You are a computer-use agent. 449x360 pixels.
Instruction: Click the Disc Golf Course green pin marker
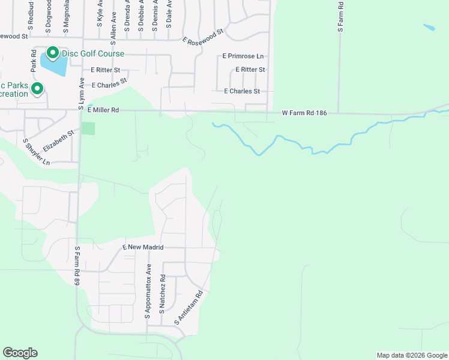coord(52,53)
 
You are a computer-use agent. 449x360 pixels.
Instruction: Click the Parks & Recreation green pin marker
coord(37,89)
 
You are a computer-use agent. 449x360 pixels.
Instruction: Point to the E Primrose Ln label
coord(243,56)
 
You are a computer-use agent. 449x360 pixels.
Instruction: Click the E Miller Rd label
coord(103,110)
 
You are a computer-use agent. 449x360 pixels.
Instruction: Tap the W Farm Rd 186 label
coord(304,113)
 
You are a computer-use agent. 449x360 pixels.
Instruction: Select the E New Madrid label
coord(143,247)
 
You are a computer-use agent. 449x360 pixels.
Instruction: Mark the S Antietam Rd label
coord(190,308)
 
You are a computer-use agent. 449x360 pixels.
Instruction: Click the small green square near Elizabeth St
coord(88,128)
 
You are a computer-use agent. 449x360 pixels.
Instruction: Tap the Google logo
coord(20,353)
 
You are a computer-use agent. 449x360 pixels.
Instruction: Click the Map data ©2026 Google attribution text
coord(411,355)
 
